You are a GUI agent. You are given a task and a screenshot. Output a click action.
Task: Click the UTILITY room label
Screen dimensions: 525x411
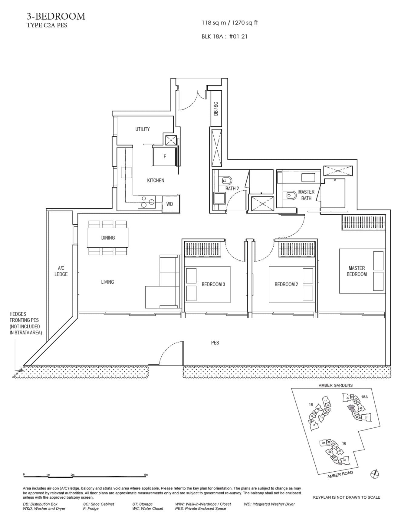pyautogui.click(x=142, y=129)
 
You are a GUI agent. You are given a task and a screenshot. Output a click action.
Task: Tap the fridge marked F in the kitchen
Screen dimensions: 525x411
pyautogui.click(x=165, y=156)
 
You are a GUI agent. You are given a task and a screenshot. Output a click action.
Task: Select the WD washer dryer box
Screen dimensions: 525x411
pyautogui.click(x=169, y=204)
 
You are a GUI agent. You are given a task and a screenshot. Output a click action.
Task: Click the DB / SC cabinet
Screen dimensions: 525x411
pyautogui.click(x=216, y=109)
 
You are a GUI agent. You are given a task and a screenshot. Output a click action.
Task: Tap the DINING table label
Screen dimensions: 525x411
pyautogui.click(x=108, y=238)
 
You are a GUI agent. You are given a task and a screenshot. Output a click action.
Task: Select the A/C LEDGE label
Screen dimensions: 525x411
pyautogui.click(x=61, y=271)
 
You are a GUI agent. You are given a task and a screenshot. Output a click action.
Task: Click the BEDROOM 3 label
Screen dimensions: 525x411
pyautogui.click(x=213, y=284)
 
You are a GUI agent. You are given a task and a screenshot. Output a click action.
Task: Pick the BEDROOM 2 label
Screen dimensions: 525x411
pyautogui.click(x=286, y=284)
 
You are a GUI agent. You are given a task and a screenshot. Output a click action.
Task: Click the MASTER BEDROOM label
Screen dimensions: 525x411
pyautogui.click(x=357, y=271)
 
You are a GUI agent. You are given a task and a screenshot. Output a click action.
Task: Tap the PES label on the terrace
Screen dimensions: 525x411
pyautogui.click(x=215, y=343)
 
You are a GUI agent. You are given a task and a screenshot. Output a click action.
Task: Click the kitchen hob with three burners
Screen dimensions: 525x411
pyautogui.click(x=147, y=202)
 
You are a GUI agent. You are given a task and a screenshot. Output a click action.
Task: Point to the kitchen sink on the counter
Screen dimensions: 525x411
pyautogui.click(x=127, y=172)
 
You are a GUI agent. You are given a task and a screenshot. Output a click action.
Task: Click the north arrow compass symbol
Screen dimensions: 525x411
pyautogui.click(x=375, y=474)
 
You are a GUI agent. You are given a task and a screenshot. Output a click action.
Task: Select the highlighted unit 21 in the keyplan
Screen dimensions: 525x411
pyautogui.click(x=351, y=408)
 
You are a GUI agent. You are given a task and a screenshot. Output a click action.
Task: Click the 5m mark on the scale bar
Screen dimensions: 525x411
pyautogui.click(x=146, y=475)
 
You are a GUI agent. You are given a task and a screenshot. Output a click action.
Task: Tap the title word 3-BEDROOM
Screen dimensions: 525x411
pyautogui.click(x=56, y=16)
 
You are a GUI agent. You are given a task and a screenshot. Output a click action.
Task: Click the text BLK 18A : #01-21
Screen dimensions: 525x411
pyautogui.click(x=224, y=37)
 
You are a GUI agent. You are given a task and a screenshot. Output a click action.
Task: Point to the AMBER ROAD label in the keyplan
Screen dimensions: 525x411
pyautogui.click(x=340, y=475)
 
